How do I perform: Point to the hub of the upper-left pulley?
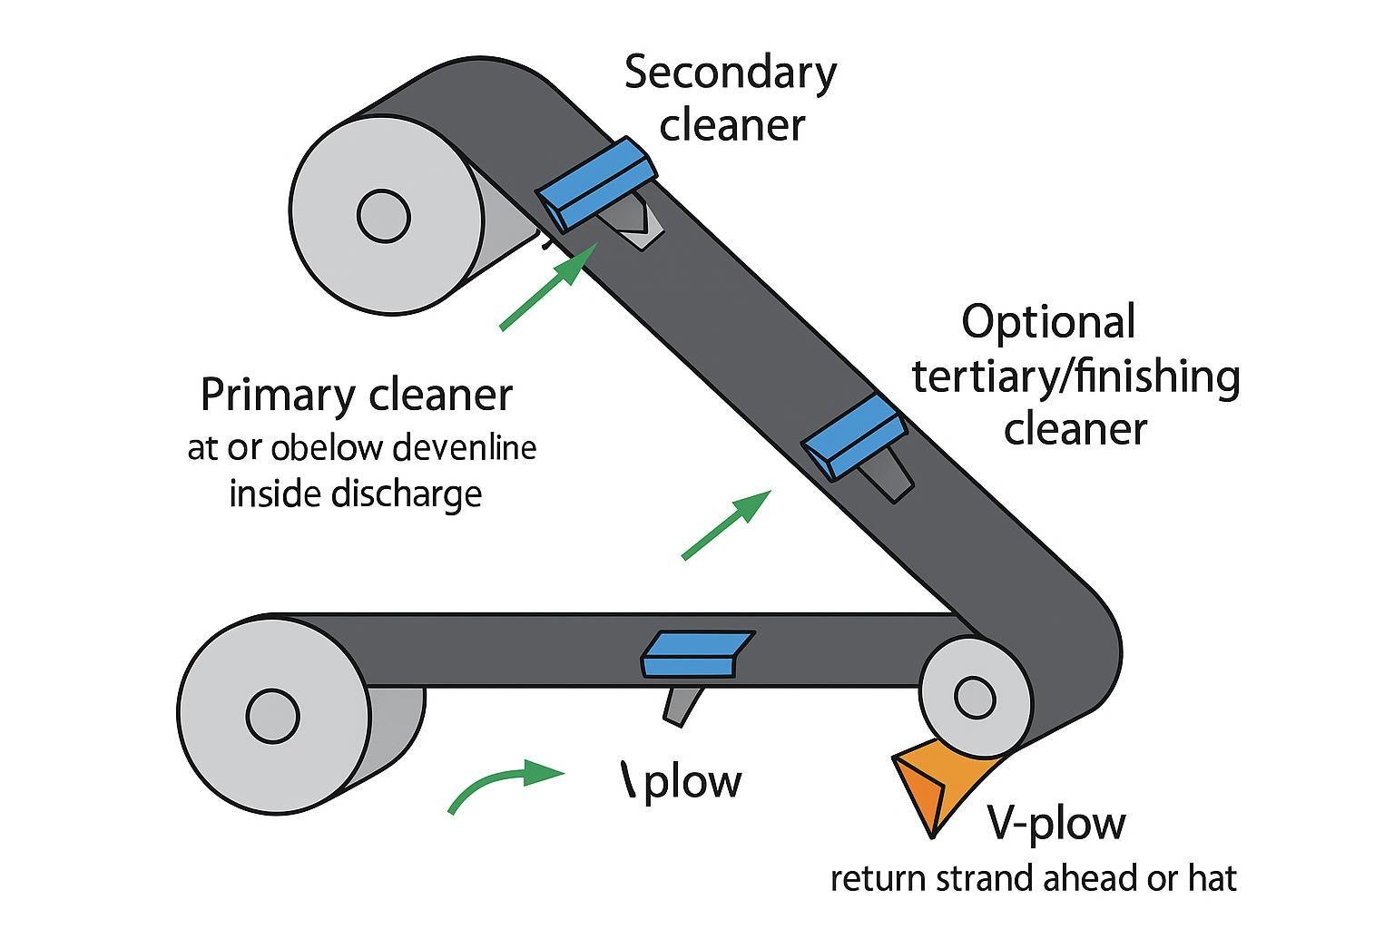(384, 216)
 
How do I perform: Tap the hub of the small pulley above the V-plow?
(974, 697)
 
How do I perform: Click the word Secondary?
(730, 73)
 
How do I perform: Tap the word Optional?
(1048, 323)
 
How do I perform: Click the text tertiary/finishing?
(1075, 376)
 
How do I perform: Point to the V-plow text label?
(1055, 824)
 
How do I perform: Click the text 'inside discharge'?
(355, 494)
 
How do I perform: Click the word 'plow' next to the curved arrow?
(692, 782)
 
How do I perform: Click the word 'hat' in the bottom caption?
(1212, 878)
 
